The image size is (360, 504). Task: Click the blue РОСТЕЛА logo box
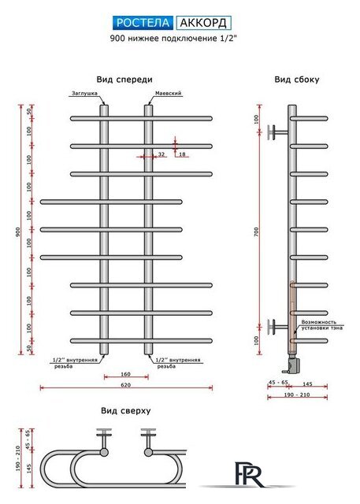click(x=143, y=23)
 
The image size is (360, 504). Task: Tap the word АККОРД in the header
click(x=203, y=23)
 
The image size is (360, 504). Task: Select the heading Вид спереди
click(x=124, y=80)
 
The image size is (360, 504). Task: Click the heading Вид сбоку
click(x=297, y=80)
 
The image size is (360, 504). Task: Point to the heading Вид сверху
click(x=126, y=410)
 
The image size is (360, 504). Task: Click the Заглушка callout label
click(x=84, y=94)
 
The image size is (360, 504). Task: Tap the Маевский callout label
click(x=169, y=93)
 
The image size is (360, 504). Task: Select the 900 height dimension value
click(x=18, y=232)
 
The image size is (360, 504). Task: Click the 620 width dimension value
click(x=126, y=385)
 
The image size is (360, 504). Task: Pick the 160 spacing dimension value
click(x=126, y=374)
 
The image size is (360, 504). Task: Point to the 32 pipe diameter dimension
click(x=161, y=154)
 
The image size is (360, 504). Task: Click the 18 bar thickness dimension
click(x=182, y=154)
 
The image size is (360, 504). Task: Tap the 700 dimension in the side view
click(x=256, y=232)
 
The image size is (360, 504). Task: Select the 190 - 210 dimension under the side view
click(x=297, y=395)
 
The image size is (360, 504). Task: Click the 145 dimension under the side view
click(x=307, y=384)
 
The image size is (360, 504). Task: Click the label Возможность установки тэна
click(x=321, y=325)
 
